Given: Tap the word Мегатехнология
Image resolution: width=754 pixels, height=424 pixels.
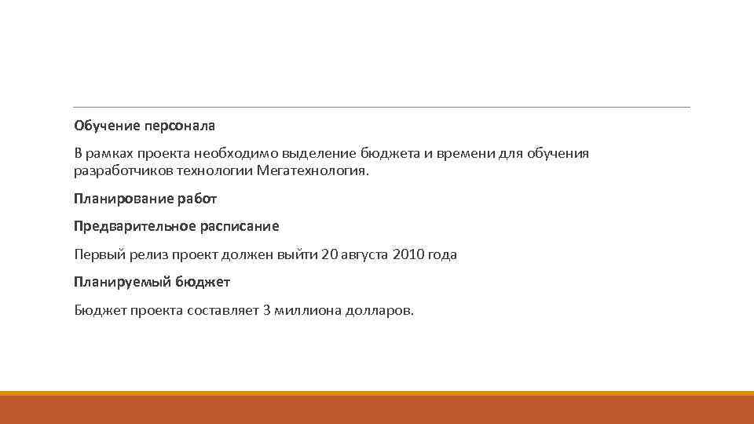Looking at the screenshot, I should coord(312,171).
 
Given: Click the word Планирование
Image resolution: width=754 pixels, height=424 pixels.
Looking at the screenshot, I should coord(123,199).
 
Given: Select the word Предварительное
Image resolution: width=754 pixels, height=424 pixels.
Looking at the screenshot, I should coord(134,226).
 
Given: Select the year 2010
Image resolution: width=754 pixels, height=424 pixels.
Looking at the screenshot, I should coord(406,254).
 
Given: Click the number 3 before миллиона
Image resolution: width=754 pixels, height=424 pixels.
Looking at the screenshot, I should coord(268,310).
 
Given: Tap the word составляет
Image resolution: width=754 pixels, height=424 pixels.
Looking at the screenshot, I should coord(222,310).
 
